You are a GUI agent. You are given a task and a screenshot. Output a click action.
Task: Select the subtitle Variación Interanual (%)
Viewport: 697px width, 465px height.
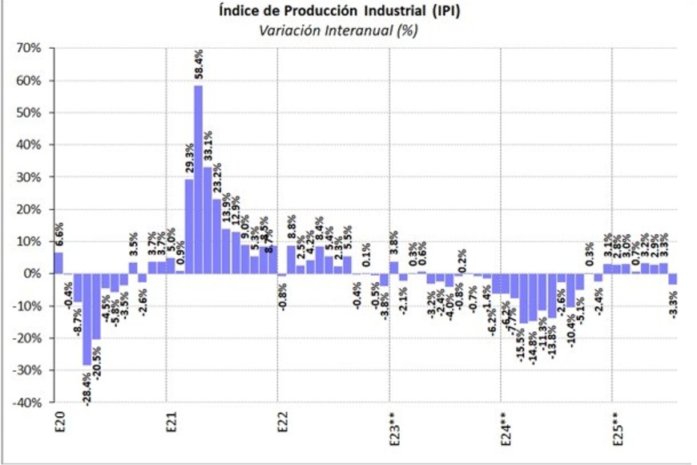[338, 30]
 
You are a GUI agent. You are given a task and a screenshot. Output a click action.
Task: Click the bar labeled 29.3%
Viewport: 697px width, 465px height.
[189, 225]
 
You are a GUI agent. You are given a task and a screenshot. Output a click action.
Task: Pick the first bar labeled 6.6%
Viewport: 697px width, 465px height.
[58, 263]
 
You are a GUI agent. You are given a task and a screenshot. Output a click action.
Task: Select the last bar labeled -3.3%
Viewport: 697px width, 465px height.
[673, 279]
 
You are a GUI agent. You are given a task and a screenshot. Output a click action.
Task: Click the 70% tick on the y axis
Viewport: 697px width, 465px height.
[29, 48]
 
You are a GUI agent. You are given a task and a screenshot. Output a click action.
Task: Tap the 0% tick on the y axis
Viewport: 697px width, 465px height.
[32, 273]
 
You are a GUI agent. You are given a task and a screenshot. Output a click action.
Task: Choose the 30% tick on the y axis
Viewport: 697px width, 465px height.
[29, 177]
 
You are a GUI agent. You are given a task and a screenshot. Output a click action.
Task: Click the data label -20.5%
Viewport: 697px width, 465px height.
[97, 359]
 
